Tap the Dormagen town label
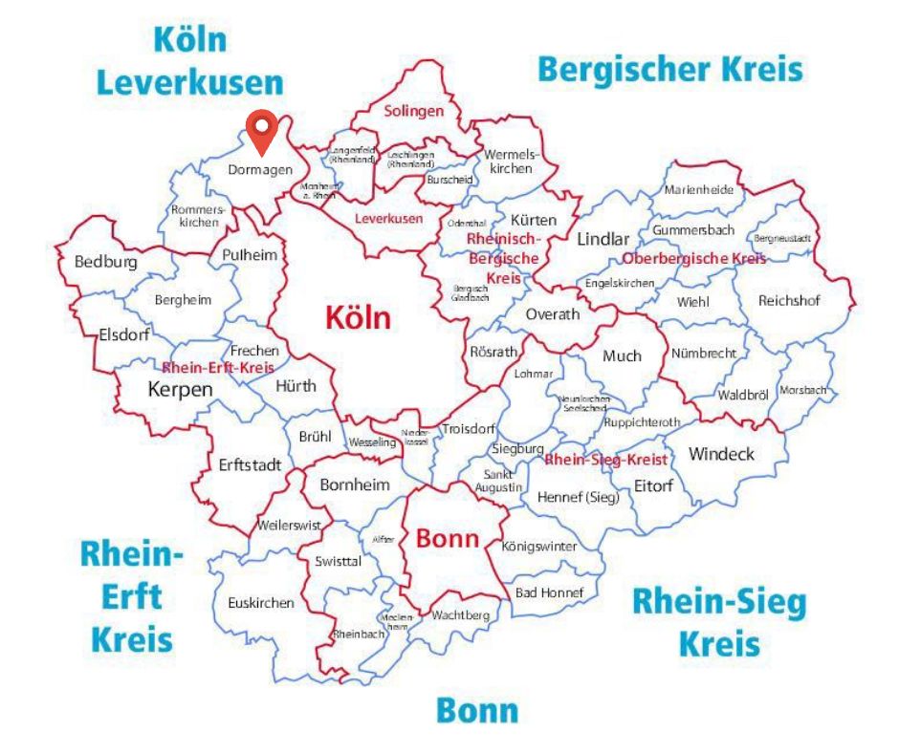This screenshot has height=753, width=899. tap(260, 169)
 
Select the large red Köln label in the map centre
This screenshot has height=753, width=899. tap(358, 317)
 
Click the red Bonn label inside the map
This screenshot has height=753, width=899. tap(447, 539)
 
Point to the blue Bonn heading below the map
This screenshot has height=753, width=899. tap(477, 710)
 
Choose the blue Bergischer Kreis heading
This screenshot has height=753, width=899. tap(669, 70)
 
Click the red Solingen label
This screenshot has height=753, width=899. tap(414, 111)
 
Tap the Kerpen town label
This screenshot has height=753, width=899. tap(180, 389)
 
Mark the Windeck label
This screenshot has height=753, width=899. tap(721, 454)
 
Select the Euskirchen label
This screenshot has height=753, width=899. tap(261, 603)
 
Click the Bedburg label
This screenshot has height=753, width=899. tap(105, 262)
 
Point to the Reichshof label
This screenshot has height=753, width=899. tap(790, 300)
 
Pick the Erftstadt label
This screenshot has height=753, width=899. tap(250, 465)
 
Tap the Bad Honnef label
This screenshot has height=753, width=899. tap(549, 592)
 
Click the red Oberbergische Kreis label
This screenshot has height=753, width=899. tap(694, 259)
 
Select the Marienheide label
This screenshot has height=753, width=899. tap(698, 189)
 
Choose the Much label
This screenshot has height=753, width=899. tap(622, 355)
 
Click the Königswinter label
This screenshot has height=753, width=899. tap(539, 547)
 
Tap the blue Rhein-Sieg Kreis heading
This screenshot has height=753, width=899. tap(719, 623)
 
